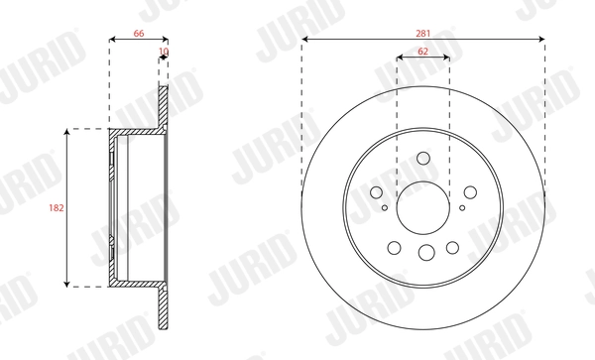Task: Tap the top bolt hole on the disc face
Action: pos(423,158)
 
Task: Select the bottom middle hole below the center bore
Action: pos(423,253)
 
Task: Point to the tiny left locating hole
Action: pos(385,208)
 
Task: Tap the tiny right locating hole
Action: pos(462,208)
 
